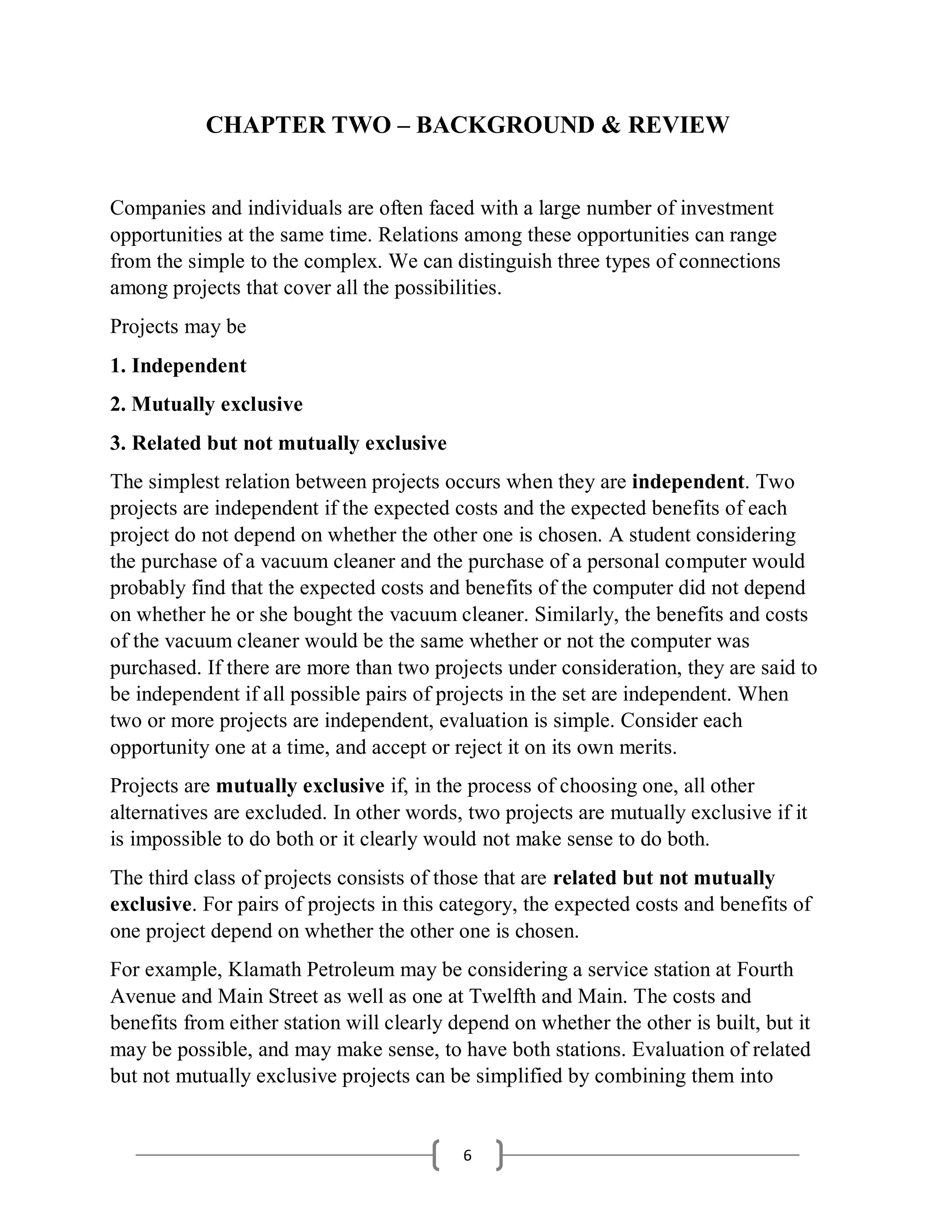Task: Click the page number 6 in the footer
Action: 467,1156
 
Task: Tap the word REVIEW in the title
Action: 678,125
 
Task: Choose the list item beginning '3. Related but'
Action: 278,443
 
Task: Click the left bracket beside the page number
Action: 436,1156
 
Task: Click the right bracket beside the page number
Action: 499,1156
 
